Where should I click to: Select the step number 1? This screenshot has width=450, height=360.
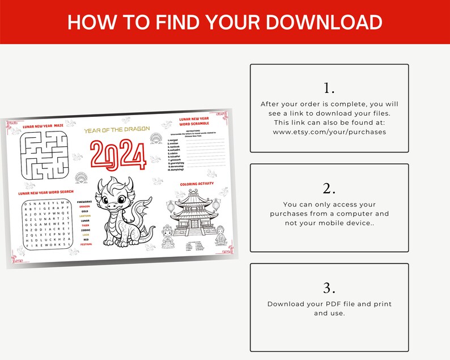pos(329,88)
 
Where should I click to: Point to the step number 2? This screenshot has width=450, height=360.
pos(329,188)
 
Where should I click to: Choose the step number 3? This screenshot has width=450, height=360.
pos(329,287)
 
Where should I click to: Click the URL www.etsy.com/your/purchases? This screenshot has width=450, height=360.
pos(329,132)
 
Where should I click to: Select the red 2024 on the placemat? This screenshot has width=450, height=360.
pos(118,155)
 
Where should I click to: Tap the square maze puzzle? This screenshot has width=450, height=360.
pos(44,154)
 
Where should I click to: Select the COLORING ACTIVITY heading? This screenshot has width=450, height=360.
pos(197,184)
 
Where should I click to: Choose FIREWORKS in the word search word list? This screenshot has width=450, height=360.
pos(84,202)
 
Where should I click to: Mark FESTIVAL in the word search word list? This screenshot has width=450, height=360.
pos(86,244)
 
